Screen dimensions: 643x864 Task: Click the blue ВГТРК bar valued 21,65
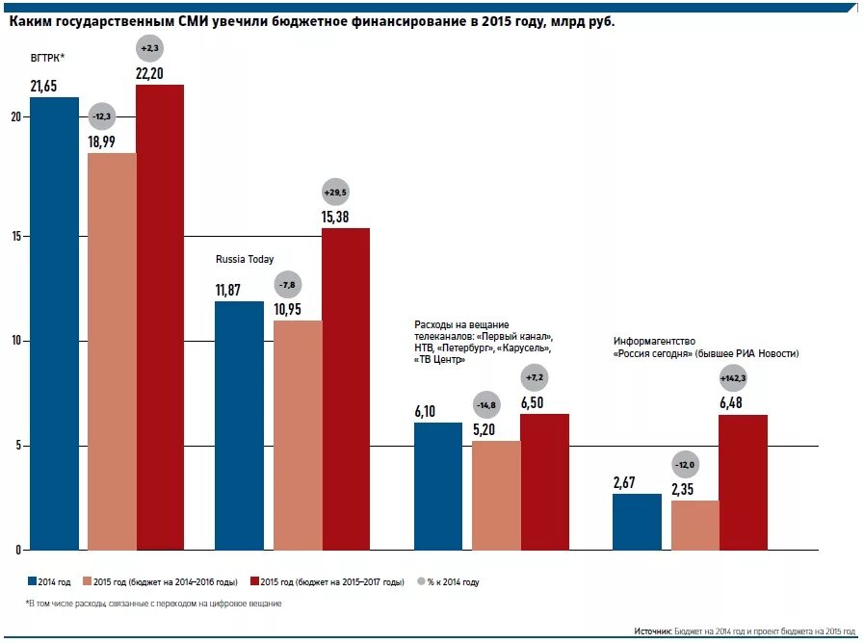point(54,322)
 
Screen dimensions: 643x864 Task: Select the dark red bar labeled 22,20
point(160,318)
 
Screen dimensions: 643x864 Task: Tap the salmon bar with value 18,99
point(112,351)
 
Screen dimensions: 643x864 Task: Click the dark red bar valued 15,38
point(345,389)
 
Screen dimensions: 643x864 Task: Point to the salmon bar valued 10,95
point(298,435)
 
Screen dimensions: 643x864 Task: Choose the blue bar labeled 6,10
point(438,486)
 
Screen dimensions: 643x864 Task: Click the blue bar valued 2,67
point(637,522)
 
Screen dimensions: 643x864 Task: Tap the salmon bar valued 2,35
point(694,526)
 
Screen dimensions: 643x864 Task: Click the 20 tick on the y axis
point(15,117)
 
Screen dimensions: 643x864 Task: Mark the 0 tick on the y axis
point(17,551)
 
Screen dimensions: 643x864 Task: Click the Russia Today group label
point(244,259)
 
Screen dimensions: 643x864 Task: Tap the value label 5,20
point(484,429)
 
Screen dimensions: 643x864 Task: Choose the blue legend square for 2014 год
point(31,581)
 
